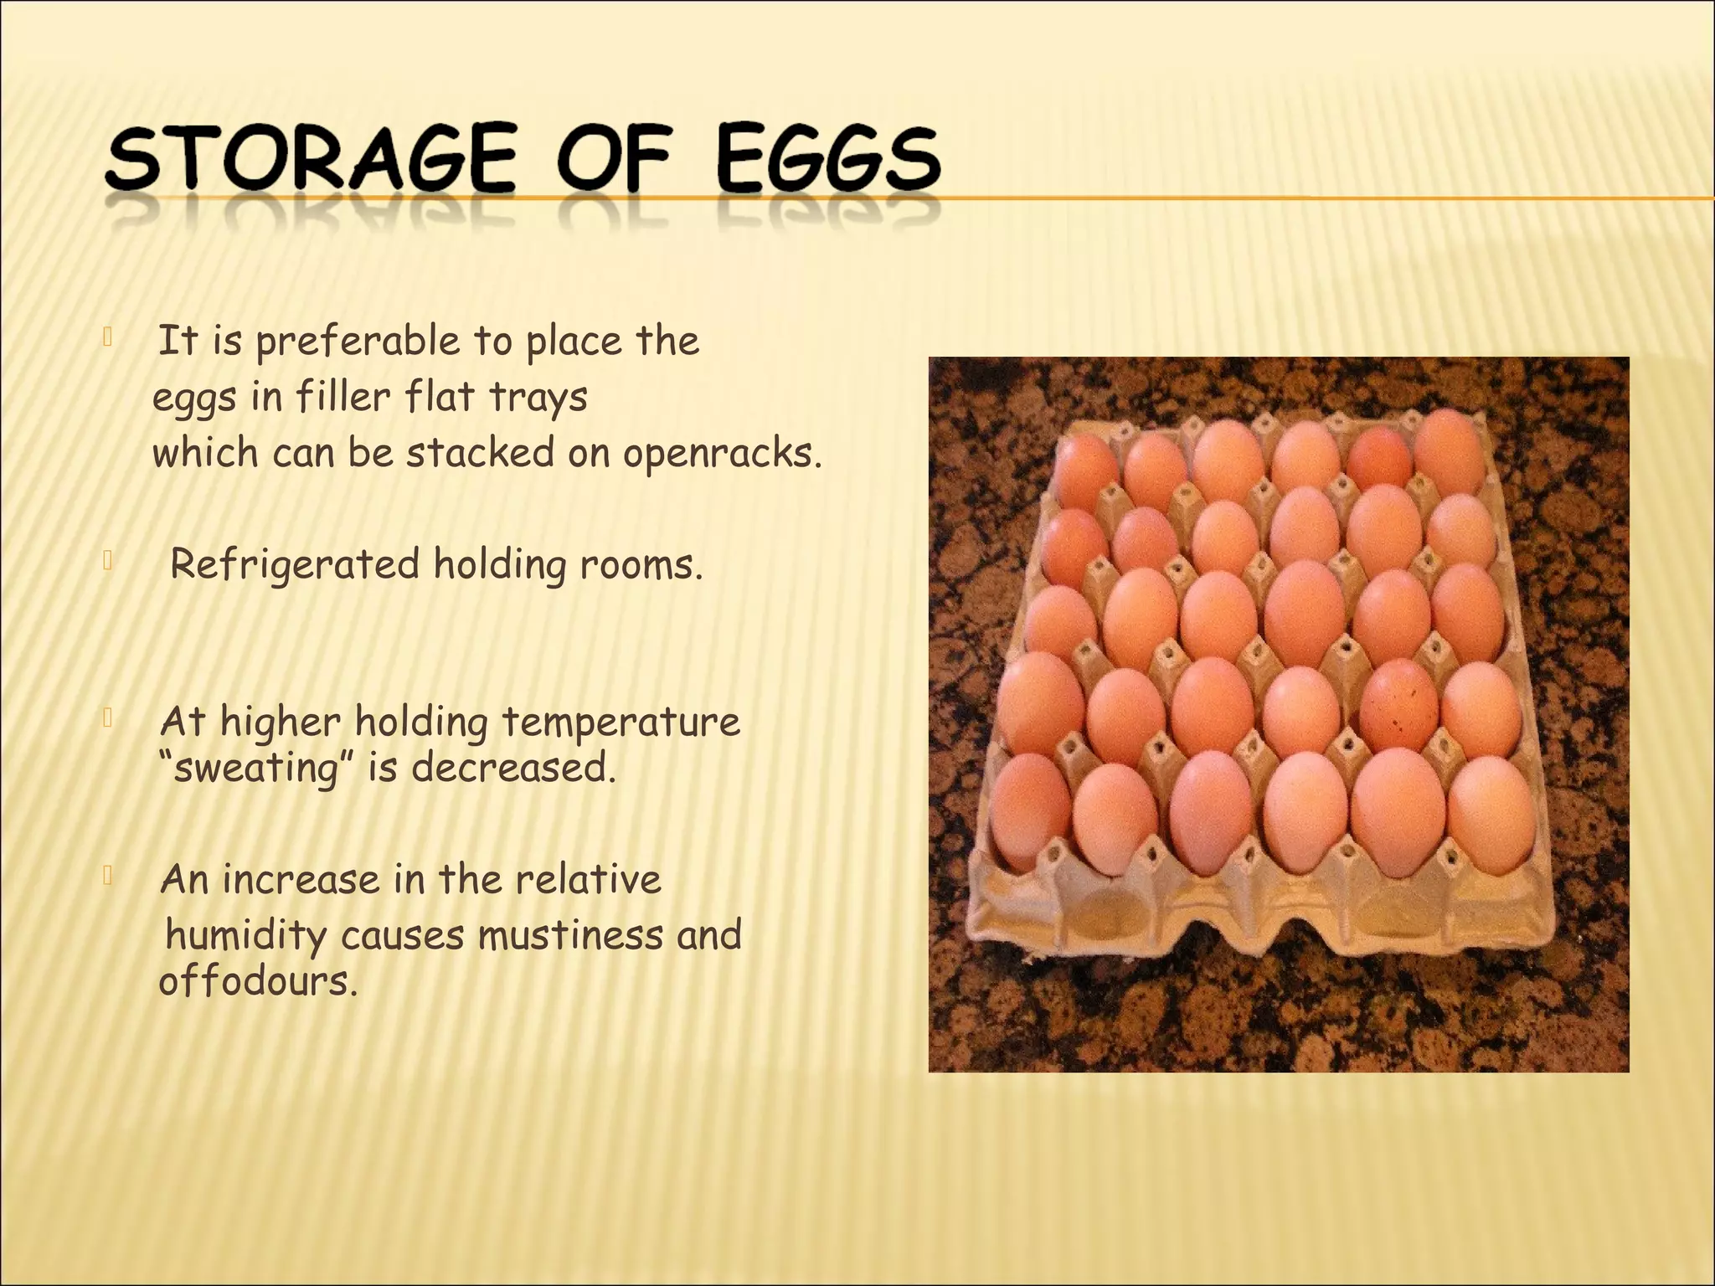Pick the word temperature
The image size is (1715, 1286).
621,722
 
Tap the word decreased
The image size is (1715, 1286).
512,767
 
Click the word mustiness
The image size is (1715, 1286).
570,934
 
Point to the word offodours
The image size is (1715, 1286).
258,980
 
